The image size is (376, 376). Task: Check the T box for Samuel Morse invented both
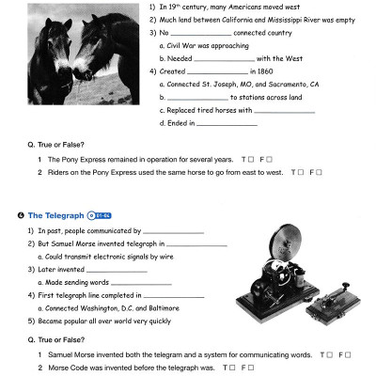coord(330,354)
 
